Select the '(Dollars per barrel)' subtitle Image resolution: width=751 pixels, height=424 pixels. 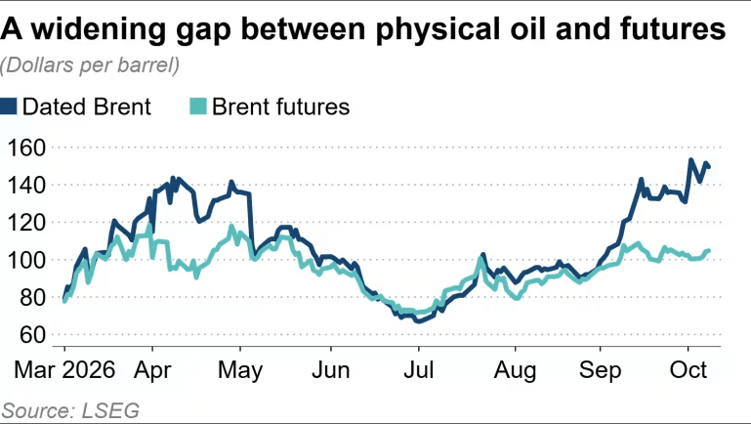tap(90, 65)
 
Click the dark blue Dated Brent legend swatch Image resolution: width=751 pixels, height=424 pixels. tap(8, 106)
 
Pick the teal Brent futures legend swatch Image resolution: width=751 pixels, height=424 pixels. tap(198, 106)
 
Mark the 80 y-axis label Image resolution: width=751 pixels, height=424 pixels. tap(32, 297)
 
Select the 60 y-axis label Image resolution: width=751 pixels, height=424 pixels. tap(32, 335)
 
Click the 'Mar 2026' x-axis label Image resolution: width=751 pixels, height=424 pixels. tap(64, 370)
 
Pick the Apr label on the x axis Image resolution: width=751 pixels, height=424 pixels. tap(152, 371)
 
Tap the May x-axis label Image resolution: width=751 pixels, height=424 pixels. tap(240, 371)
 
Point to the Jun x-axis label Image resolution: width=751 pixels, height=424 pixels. tap(330, 370)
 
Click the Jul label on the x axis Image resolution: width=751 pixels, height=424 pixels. tap(419, 370)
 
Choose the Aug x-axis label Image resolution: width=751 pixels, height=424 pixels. tap(516, 371)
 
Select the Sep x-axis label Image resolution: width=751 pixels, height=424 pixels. tap(601, 371)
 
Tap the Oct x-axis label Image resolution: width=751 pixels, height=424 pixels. tap(688, 370)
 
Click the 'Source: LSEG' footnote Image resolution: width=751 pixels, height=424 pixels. tap(70, 411)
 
